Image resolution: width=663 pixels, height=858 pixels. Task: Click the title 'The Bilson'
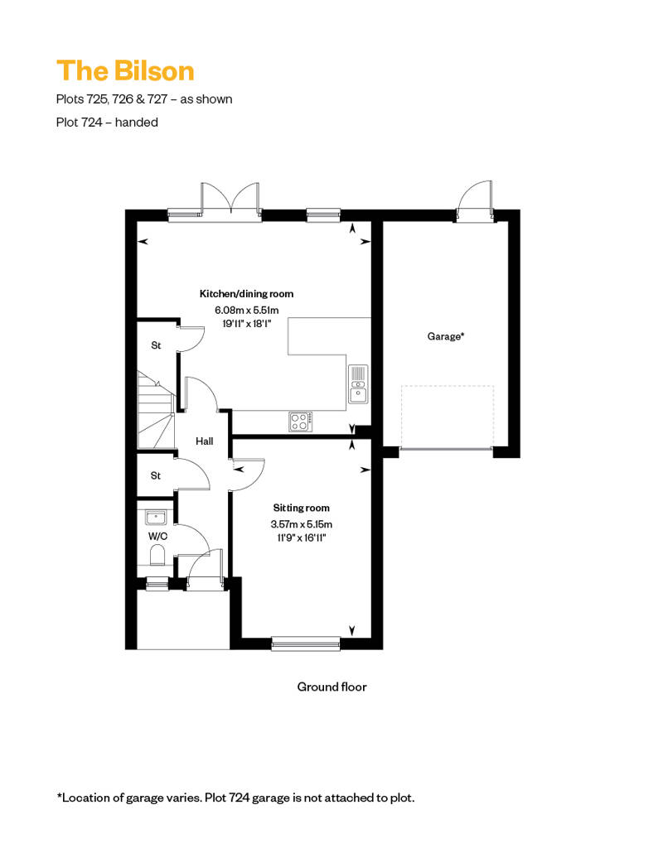click(x=125, y=71)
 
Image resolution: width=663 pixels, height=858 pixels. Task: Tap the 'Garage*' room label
click(x=446, y=336)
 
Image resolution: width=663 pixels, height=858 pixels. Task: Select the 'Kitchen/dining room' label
click(x=246, y=294)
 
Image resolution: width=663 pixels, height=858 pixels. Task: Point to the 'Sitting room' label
click(x=301, y=508)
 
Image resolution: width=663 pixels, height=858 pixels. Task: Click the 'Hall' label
click(x=204, y=441)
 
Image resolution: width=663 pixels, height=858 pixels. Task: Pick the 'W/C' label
click(x=157, y=537)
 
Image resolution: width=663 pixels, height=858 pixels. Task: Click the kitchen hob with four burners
click(x=301, y=422)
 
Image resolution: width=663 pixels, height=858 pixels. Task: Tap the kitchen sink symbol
click(x=358, y=384)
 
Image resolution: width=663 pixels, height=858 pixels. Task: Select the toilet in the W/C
click(x=157, y=556)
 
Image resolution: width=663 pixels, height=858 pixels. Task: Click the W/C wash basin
click(x=156, y=517)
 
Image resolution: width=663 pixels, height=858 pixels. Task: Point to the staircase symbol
click(x=155, y=410)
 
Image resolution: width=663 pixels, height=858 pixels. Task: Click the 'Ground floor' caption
click(x=331, y=687)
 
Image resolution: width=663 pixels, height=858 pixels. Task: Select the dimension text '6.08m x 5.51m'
click(x=246, y=311)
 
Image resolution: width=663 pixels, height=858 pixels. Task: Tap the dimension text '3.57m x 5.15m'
click(x=301, y=524)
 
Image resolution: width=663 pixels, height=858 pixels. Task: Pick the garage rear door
click(x=474, y=200)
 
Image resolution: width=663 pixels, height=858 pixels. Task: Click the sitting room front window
click(x=306, y=643)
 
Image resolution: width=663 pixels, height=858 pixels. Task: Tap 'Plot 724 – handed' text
click(x=107, y=122)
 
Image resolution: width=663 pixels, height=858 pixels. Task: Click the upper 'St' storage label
click(x=156, y=345)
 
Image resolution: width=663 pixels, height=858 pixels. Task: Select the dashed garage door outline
click(x=448, y=417)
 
